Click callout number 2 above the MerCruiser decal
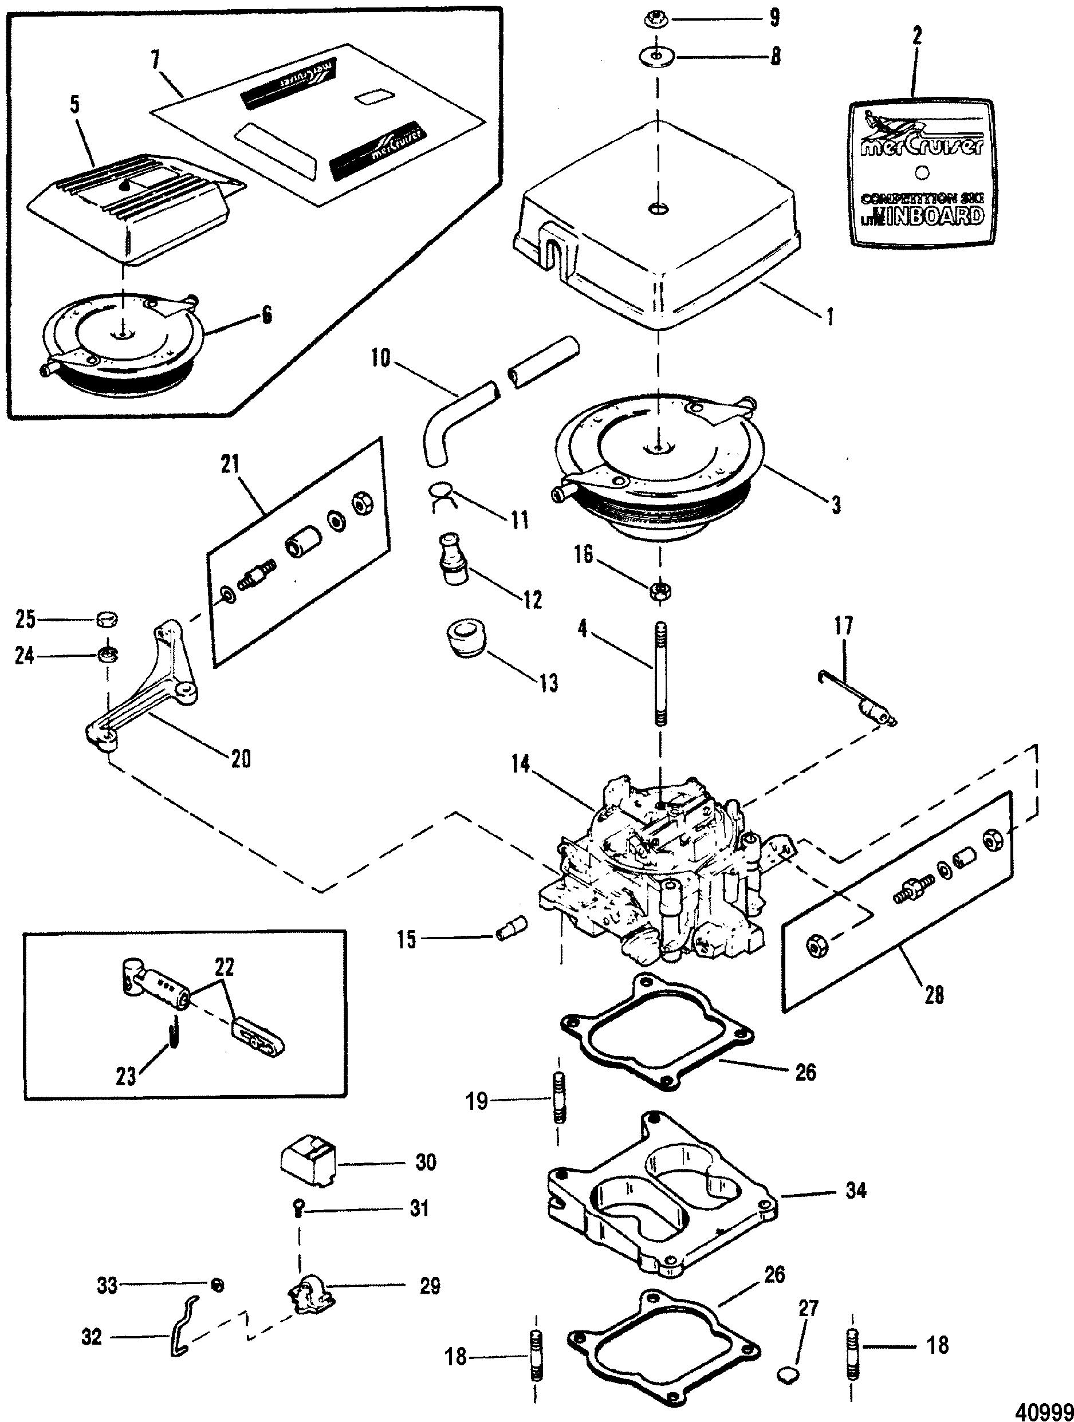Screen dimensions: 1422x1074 [x=917, y=36]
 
